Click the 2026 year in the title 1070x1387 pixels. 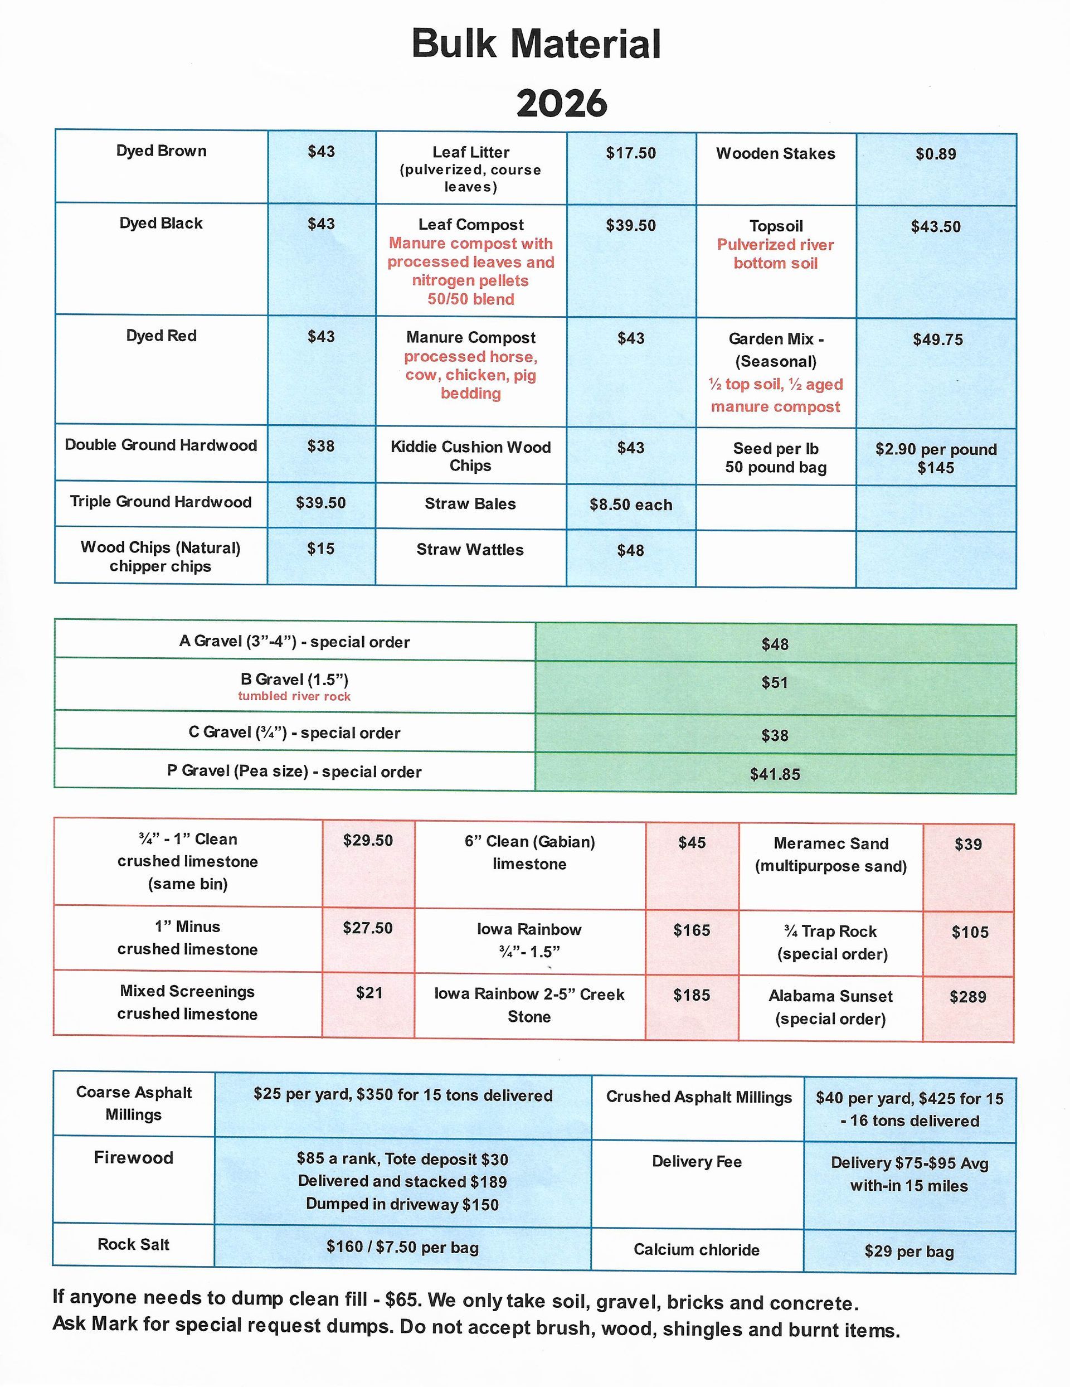coord(561,103)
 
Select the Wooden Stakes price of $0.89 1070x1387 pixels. coord(935,154)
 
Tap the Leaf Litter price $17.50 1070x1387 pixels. coord(630,153)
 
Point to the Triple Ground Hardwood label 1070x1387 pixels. coord(160,502)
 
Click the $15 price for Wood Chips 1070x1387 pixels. coord(320,549)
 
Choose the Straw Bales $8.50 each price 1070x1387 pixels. coord(630,505)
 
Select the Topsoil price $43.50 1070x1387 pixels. coord(935,227)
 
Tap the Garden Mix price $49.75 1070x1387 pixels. coord(937,340)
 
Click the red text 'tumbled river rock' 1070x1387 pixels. coord(294,696)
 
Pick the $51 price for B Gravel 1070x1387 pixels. coord(775,683)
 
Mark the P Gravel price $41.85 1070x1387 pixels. coord(775,774)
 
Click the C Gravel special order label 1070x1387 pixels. coord(294,733)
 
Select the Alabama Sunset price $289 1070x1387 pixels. coord(968,997)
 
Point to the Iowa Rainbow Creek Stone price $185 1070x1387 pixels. coord(692,995)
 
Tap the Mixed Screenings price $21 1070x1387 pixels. coord(369,993)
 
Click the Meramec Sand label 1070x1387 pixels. coord(830,843)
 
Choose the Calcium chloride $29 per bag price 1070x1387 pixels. coord(909,1252)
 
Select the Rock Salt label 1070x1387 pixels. coord(133,1244)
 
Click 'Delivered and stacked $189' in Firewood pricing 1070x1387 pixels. coord(402,1181)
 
